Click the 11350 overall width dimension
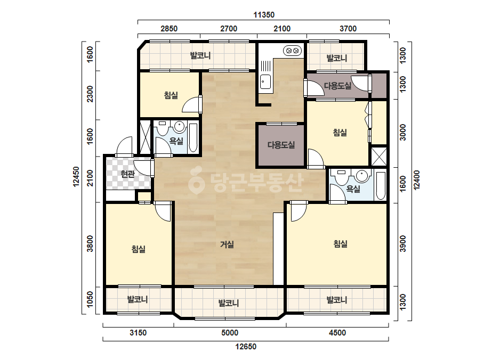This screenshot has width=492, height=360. click(264, 15)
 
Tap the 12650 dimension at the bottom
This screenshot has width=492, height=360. click(246, 347)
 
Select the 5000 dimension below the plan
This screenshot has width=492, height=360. click(230, 333)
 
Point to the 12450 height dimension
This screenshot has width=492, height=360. click(76, 177)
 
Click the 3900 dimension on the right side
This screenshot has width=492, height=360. click(403, 244)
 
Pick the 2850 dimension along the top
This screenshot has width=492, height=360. click(169, 29)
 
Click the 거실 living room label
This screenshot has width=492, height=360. click(227, 244)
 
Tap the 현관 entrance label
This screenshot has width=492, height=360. click(128, 174)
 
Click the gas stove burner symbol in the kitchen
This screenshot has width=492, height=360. click(293, 51)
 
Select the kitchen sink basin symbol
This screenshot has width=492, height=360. click(265, 82)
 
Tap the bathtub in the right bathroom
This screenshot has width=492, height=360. click(380, 186)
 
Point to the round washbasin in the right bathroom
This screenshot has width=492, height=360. click(362, 176)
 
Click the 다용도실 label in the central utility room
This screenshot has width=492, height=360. click(281, 145)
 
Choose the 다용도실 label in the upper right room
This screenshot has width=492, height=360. click(337, 86)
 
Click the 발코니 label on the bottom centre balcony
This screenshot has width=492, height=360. click(229, 303)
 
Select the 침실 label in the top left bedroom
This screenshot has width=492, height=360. click(171, 95)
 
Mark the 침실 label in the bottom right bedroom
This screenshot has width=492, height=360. click(341, 244)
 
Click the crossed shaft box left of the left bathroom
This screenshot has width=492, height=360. click(145, 137)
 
